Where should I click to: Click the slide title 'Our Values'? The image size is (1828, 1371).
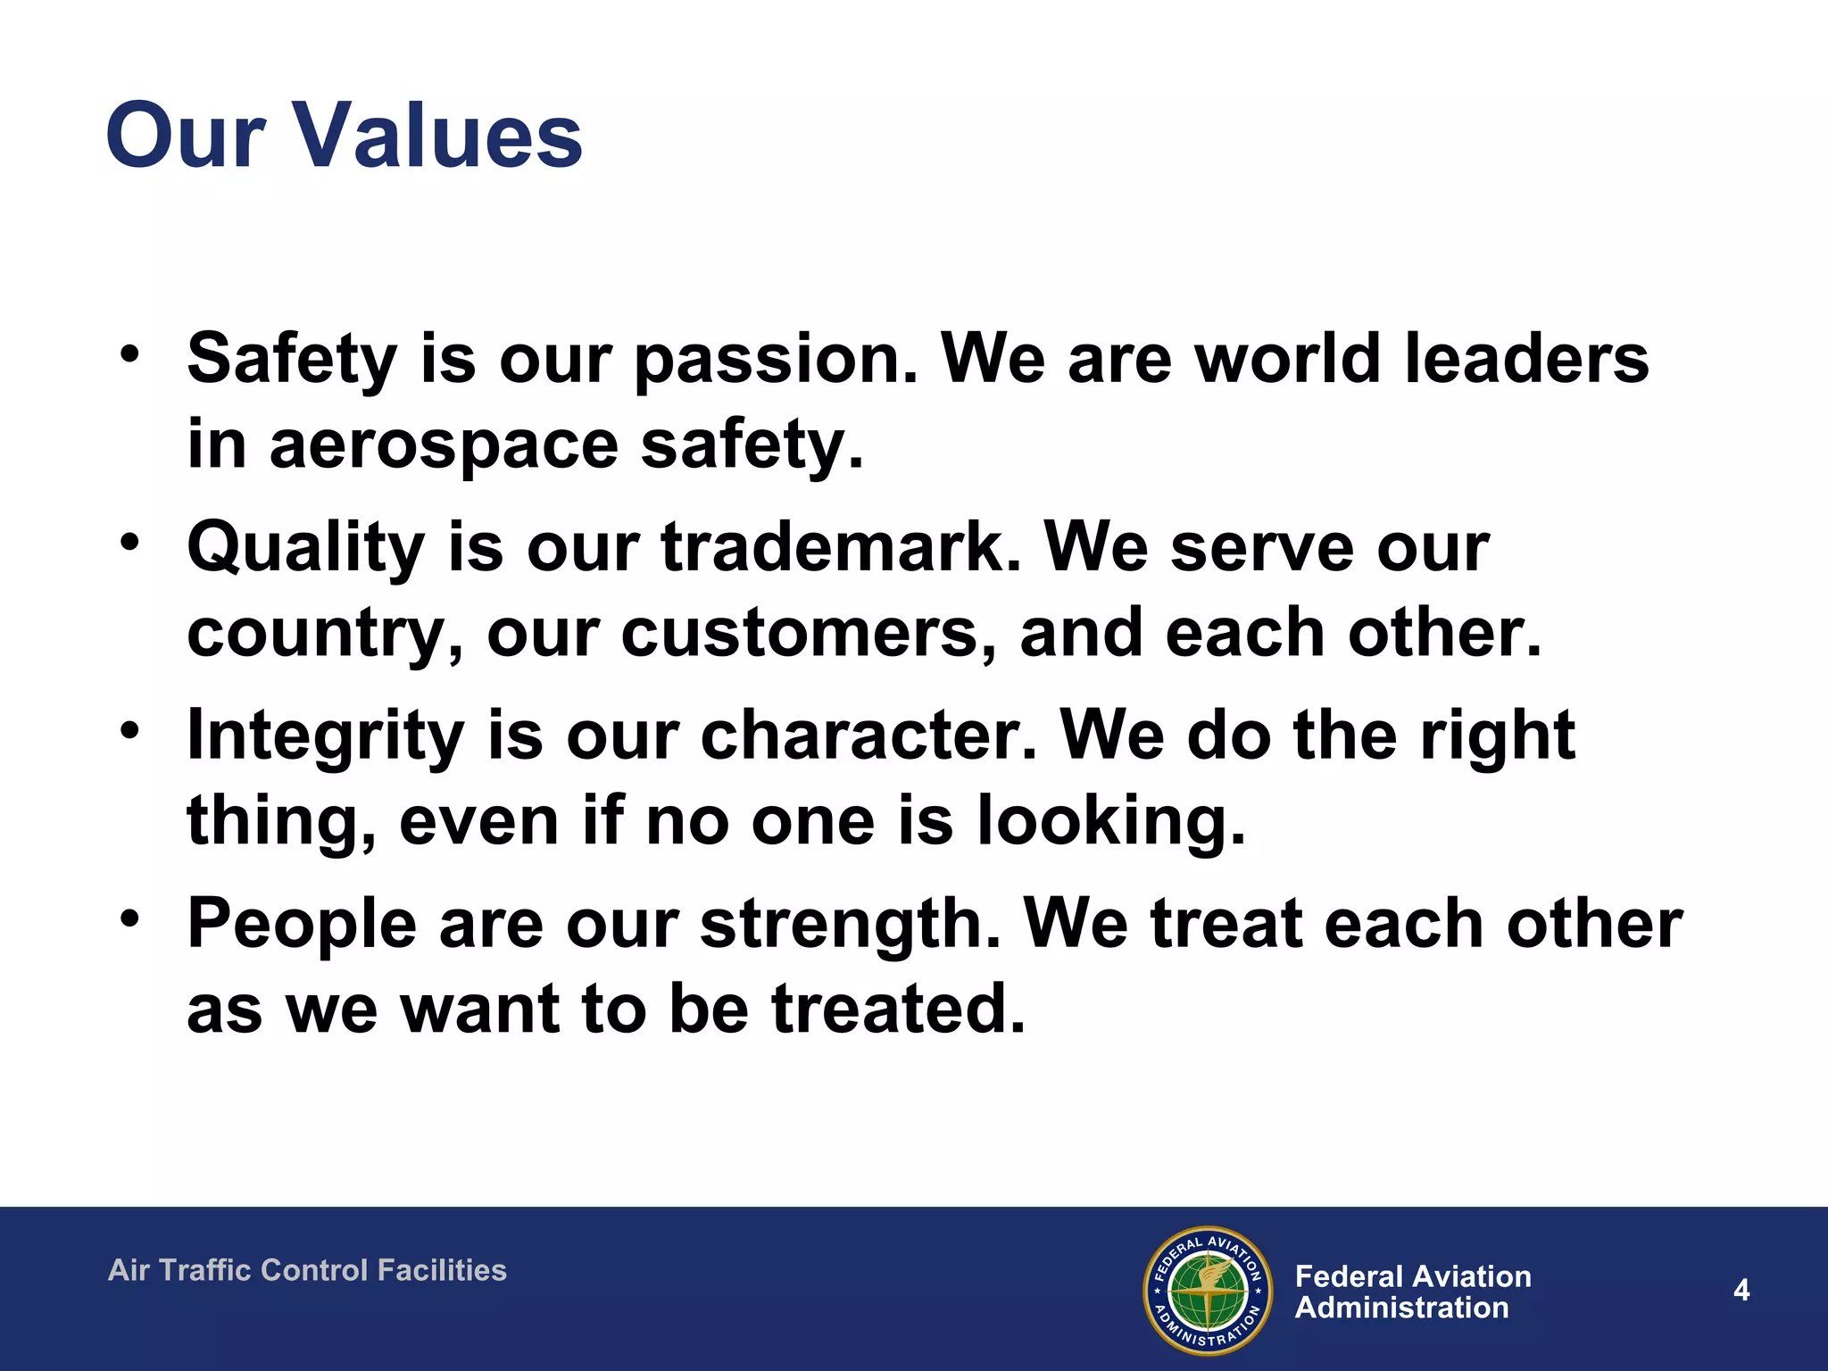pos(344,136)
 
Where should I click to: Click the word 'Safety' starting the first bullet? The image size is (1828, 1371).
pos(291,359)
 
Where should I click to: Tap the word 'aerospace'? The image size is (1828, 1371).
pos(444,444)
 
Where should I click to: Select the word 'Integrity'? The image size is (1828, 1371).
pos(325,735)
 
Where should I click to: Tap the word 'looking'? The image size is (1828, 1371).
pos(1110,820)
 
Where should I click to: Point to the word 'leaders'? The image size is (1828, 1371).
pos(1526,359)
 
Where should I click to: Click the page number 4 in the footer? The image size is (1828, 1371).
pos(1741,1290)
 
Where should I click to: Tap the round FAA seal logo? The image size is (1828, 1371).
pos(1208,1291)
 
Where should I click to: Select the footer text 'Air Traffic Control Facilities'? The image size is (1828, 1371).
pos(307,1270)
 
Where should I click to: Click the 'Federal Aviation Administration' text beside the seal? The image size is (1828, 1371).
pos(1413,1292)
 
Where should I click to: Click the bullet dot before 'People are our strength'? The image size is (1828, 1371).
pos(130,918)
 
